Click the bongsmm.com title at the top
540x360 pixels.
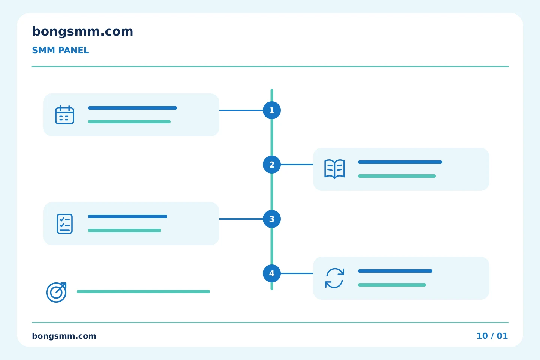click(82, 31)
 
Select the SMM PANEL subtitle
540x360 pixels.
click(60, 50)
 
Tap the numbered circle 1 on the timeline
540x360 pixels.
click(271, 110)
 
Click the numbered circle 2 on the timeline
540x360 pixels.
click(271, 165)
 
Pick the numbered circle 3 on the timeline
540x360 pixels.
click(271, 219)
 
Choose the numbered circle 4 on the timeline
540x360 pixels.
click(271, 273)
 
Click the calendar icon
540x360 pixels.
click(64, 115)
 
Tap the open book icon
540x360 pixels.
click(334, 169)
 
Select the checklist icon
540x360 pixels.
click(64, 224)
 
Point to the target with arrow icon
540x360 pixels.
click(56, 292)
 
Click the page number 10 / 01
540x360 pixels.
click(492, 336)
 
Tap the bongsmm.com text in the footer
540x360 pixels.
click(64, 336)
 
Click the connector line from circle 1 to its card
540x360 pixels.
click(241, 110)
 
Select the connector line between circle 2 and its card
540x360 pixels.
click(297, 165)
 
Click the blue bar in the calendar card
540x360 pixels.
click(133, 108)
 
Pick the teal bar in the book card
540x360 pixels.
click(397, 176)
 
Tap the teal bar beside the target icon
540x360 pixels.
click(143, 291)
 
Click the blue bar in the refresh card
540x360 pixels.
click(395, 271)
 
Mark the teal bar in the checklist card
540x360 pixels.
click(124, 231)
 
